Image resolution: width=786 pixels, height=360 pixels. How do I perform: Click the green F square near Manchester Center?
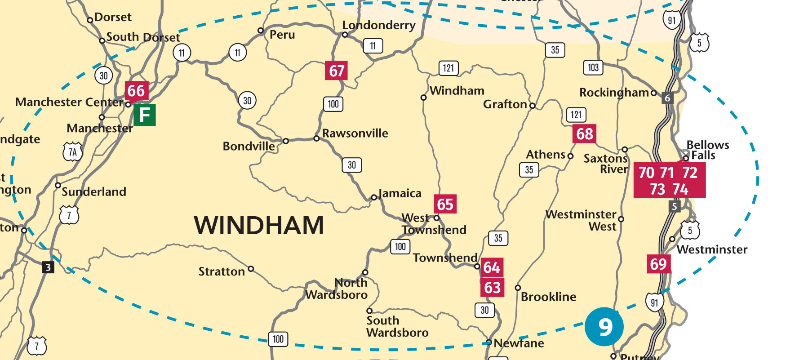[x=144, y=115]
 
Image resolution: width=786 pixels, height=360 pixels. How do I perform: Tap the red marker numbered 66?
[x=136, y=91]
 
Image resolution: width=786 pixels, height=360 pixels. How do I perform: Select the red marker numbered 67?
[x=336, y=71]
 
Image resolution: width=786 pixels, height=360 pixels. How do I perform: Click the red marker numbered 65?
[x=445, y=204]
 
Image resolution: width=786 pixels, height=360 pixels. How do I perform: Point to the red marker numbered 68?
[x=584, y=134]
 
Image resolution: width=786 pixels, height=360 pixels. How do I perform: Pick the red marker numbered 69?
[x=658, y=264]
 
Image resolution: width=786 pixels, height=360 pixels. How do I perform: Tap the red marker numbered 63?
[x=492, y=288]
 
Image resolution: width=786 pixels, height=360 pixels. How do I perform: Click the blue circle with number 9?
[x=604, y=327]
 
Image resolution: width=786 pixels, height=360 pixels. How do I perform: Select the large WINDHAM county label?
[x=259, y=226]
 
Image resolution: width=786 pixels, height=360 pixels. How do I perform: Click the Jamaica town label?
[x=400, y=193]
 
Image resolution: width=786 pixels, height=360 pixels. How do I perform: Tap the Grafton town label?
[x=505, y=104]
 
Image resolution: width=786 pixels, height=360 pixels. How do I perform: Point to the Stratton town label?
[x=222, y=271]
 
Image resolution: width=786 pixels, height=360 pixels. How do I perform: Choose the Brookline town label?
[x=548, y=297]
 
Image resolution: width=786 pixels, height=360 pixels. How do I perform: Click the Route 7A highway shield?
[x=73, y=152]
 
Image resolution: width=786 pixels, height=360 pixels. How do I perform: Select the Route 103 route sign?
[x=593, y=67]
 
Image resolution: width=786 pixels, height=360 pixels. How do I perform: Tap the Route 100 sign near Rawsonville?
[x=333, y=104]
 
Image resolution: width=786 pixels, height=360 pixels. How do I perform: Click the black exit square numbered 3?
[x=48, y=267]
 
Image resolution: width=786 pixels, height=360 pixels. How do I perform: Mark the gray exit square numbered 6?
[x=667, y=98]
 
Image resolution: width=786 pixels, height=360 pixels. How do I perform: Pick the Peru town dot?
[x=260, y=31]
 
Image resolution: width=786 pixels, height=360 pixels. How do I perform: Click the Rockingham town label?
[x=614, y=93]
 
